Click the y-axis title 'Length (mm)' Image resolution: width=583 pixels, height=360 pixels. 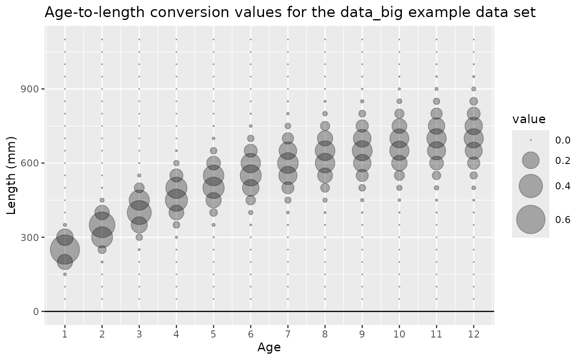coord(12,175)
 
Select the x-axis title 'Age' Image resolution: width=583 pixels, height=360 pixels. coord(269,347)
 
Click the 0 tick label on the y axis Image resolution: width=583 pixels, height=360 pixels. coord(36,311)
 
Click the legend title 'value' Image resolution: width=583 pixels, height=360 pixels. coord(529,119)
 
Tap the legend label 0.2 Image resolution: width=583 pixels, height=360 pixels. coord(563,161)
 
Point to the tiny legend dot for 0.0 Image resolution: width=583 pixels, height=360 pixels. coord(531,140)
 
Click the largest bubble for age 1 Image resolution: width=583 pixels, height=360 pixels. coord(65,250)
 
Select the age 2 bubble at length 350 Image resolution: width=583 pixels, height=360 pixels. coord(102,225)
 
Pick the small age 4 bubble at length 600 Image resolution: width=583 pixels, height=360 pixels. coord(176,163)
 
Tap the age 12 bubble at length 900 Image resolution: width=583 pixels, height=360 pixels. coord(473,89)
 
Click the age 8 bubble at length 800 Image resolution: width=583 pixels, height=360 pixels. coord(325,114)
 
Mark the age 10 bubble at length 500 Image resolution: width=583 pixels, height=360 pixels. coord(399,188)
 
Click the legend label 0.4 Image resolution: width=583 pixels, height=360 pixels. coord(563,186)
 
